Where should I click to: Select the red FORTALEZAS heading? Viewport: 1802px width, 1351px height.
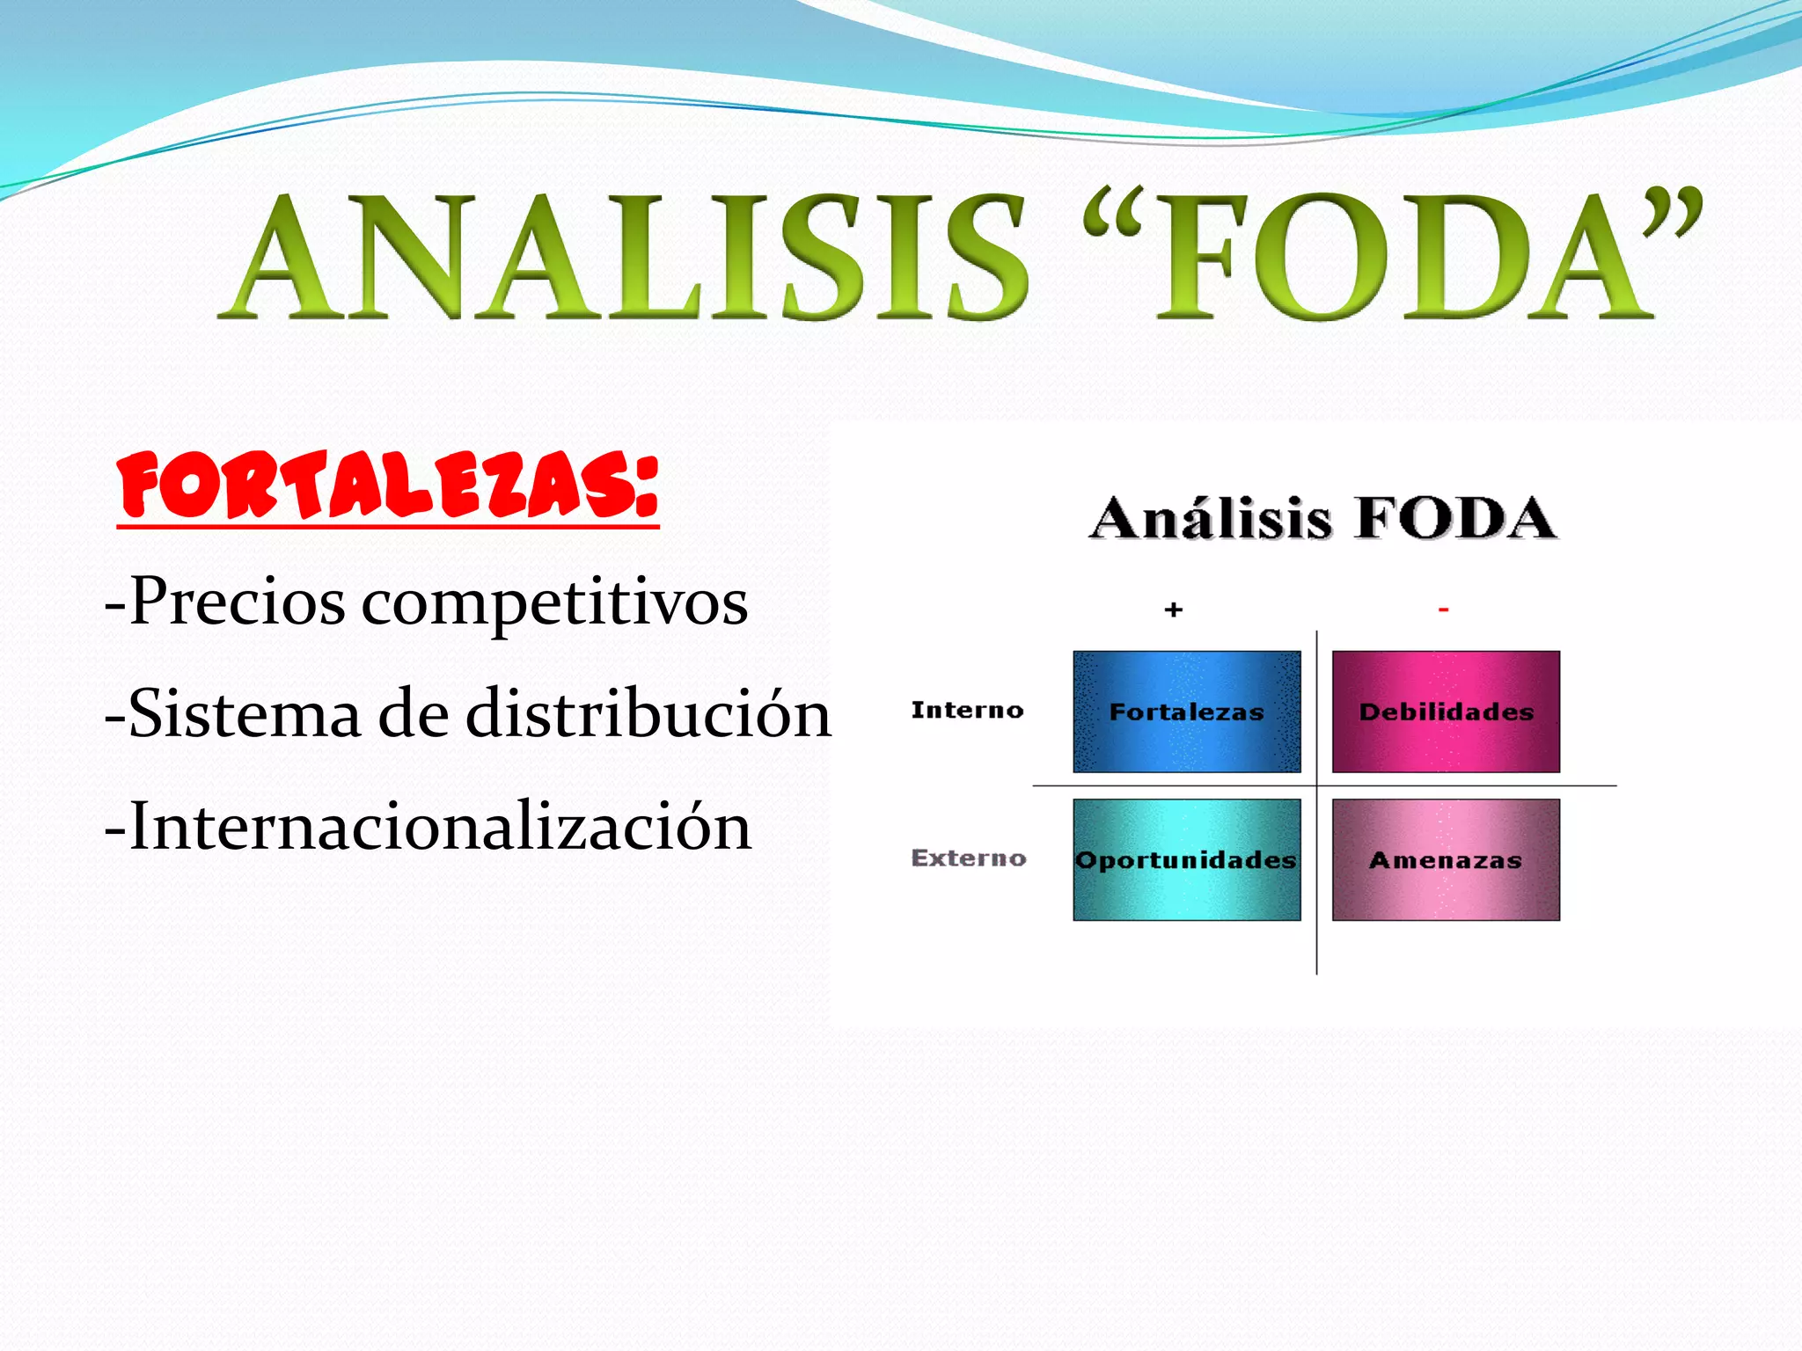point(387,486)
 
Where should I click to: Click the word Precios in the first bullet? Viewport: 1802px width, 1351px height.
point(237,602)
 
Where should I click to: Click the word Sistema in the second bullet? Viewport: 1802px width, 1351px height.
point(244,713)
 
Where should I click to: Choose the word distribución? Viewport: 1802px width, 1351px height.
point(648,713)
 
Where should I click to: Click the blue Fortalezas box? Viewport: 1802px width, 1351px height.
point(1186,712)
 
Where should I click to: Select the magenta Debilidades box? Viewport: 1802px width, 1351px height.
point(1446,712)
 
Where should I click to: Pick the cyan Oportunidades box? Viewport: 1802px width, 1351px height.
point(1186,859)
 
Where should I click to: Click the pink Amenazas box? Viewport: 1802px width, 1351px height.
point(1446,859)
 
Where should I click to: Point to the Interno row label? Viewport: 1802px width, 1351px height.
point(967,710)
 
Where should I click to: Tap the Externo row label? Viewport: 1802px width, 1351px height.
point(969,858)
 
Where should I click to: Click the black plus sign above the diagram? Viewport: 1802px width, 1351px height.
point(1173,610)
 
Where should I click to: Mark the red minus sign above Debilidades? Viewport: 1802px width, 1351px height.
point(1443,609)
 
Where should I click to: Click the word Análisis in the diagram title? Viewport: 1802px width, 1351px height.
point(1211,518)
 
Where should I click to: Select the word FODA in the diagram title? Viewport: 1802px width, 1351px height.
point(1455,518)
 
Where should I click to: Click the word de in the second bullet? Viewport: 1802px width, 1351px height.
point(414,713)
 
